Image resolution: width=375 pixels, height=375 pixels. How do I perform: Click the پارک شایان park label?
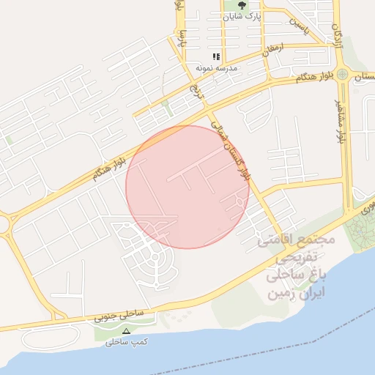point(243,16)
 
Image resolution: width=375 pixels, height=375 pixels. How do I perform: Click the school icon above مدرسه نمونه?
point(216,56)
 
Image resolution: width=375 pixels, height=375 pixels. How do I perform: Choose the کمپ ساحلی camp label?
point(124,341)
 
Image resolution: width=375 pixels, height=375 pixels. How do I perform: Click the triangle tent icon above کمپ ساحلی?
point(125,331)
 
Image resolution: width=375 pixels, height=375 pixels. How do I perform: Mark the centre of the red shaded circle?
point(187,187)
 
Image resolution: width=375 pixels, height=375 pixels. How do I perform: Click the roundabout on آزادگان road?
point(343,74)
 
